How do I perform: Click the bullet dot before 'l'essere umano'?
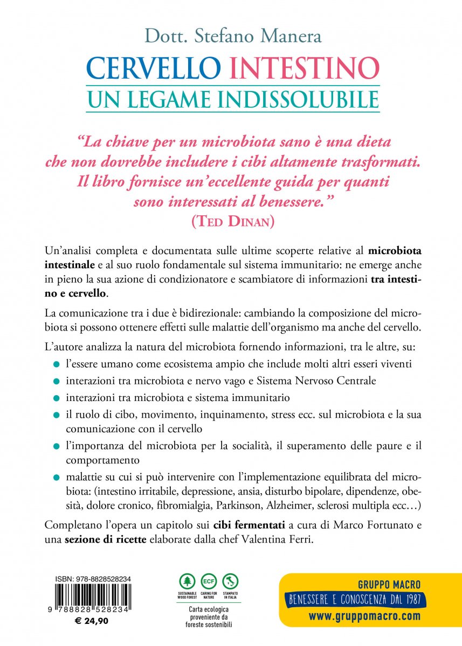point(56,365)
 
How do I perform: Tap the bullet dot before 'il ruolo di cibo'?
point(56,416)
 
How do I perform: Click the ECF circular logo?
point(209,581)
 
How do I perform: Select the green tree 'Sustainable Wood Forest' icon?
point(187,581)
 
